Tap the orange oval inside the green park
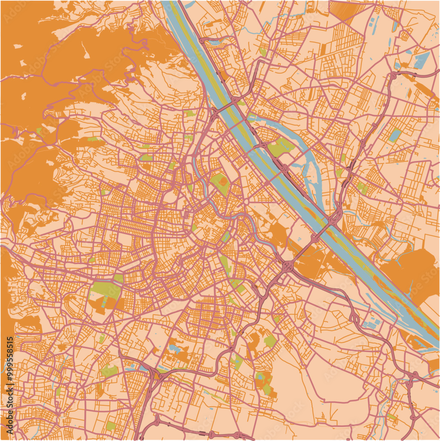click(x=223, y=181)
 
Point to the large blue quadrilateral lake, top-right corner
click(x=422, y=60)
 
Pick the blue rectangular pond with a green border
click(x=395, y=135)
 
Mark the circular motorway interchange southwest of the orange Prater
click(x=288, y=267)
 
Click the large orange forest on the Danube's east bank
click(x=410, y=269)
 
